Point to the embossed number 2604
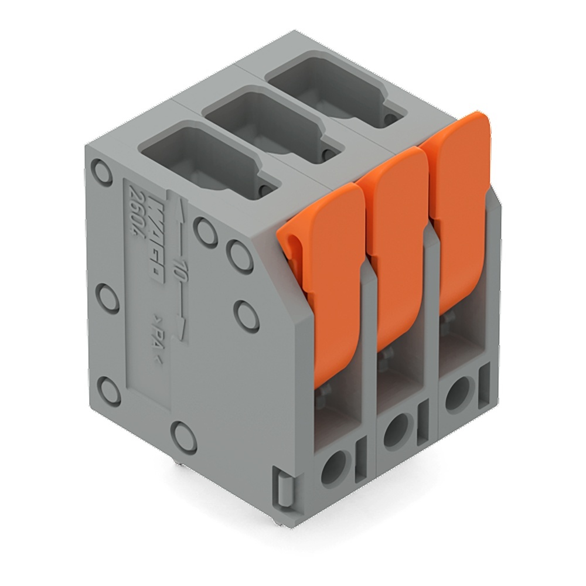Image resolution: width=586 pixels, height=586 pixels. coord(134,217)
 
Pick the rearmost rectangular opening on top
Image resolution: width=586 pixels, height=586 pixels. coord(328,91)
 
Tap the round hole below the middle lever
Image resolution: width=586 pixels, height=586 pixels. coord(397,427)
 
